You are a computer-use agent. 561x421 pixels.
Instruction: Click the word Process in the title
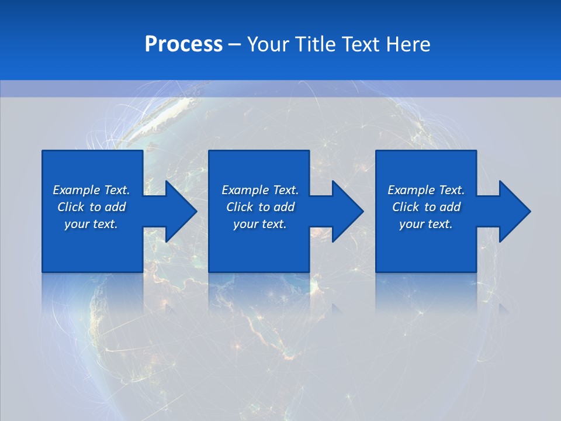(183, 44)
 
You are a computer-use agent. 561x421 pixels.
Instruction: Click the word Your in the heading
(268, 44)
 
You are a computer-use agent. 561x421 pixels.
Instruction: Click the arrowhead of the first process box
(179, 211)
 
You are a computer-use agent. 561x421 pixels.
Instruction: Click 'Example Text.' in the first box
(91, 190)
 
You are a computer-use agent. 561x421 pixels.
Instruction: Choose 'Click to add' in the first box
(91, 207)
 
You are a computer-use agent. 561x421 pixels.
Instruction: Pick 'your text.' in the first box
(91, 224)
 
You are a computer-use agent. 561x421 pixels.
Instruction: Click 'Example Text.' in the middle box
(260, 190)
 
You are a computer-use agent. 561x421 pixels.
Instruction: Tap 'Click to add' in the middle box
(260, 207)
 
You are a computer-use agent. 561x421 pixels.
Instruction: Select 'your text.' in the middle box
(260, 224)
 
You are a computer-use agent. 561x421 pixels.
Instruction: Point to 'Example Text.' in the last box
(426, 190)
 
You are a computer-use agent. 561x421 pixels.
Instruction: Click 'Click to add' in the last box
(426, 207)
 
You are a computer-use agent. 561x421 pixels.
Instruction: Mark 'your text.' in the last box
(426, 224)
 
